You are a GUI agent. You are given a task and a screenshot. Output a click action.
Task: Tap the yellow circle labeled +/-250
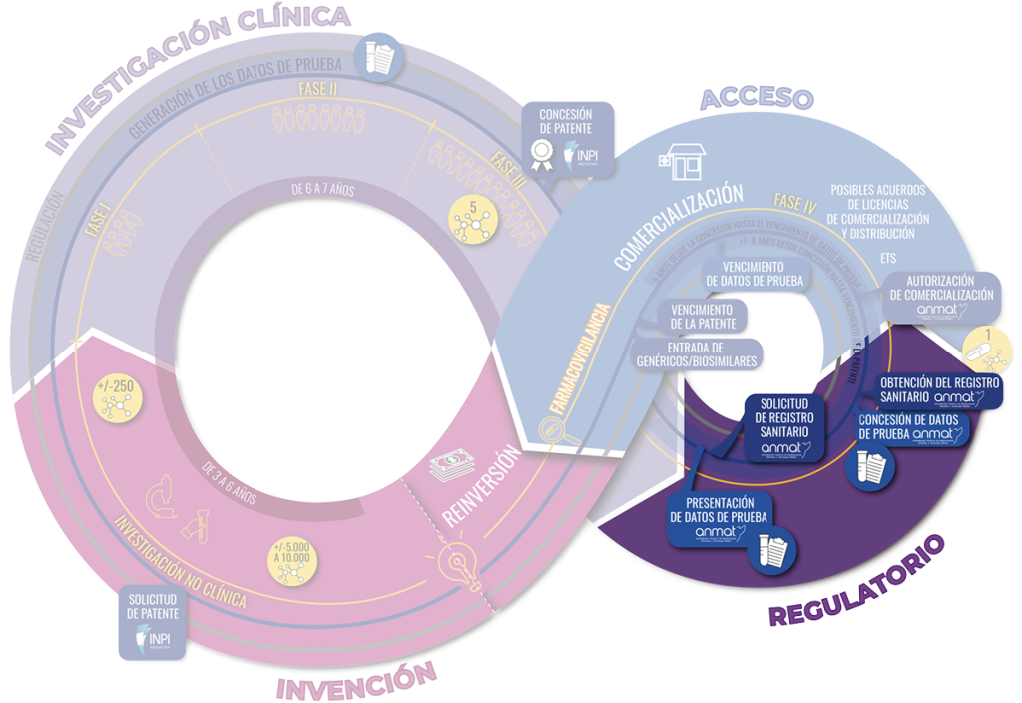tap(119, 398)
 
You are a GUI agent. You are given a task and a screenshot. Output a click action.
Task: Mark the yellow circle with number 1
tap(987, 346)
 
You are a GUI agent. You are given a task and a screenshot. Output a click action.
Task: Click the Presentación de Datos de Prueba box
tap(730, 529)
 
